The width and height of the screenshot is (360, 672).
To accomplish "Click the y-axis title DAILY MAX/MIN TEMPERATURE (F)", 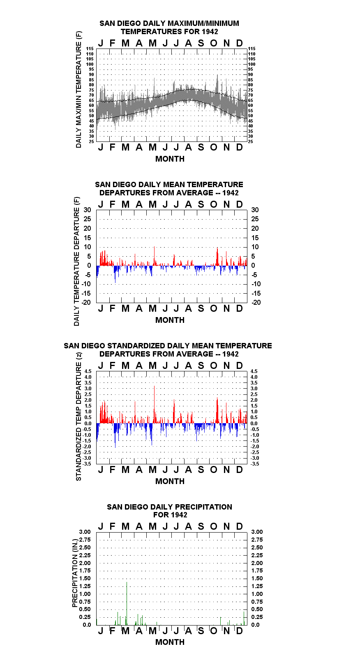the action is (79, 89).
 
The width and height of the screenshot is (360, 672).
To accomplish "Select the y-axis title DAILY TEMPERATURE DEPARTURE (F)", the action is (77, 261).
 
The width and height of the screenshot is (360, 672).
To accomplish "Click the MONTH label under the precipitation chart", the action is (170, 642).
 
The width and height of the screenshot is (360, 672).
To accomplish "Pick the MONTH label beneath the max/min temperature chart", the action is (170, 159).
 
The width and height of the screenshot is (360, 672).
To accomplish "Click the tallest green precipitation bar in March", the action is (127, 604).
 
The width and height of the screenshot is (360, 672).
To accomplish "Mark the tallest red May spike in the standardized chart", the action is (154, 404).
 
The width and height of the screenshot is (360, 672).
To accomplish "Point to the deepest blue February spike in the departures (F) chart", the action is (115, 274).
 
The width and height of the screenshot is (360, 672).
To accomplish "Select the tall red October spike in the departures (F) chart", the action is (217, 257).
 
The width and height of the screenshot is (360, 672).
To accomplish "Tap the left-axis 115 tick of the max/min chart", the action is (90, 49).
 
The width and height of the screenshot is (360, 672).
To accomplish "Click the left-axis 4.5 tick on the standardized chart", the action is (88, 371).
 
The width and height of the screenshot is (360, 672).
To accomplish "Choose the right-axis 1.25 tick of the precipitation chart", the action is (257, 586).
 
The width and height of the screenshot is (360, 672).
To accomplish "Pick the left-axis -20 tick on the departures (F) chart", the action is (86, 302).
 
